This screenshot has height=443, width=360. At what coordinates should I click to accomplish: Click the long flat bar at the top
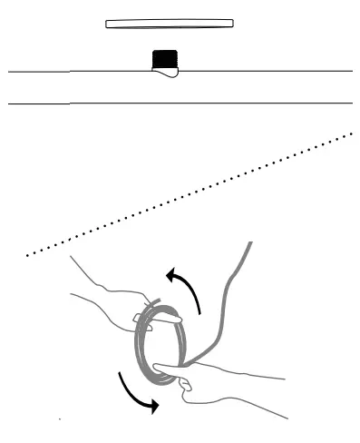click(170, 23)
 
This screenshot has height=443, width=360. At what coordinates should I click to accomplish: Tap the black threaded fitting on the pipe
click(163, 60)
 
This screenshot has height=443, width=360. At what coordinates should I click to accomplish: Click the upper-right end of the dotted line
click(352, 134)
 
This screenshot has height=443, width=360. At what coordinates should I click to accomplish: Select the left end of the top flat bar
click(109, 23)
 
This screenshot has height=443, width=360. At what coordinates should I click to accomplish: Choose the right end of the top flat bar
click(232, 23)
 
